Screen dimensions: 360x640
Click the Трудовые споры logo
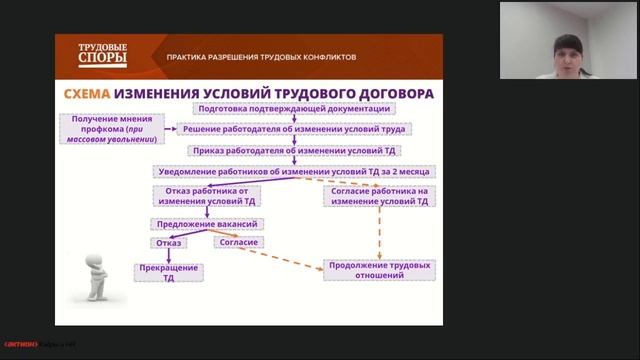pos(103,55)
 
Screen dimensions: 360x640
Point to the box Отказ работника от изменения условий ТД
pos(206,195)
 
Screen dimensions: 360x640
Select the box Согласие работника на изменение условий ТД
pos(381,195)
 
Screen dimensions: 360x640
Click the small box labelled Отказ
pos(168,242)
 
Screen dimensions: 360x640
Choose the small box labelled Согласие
pos(238,242)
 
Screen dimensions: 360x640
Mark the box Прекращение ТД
pos(168,274)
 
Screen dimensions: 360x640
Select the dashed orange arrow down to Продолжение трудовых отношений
pos(380,235)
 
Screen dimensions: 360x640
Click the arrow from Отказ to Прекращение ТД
pos(168,255)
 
